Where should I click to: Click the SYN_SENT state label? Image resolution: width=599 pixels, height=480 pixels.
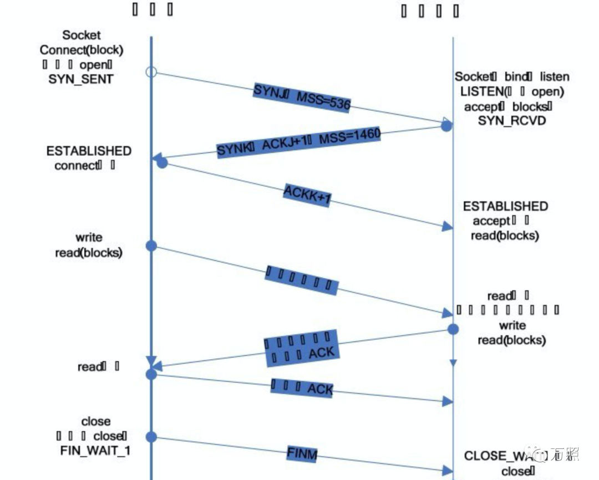(x=81, y=79)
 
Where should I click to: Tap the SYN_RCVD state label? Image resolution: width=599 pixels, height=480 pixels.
(x=512, y=120)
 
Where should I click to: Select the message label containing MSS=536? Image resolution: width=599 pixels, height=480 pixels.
(x=302, y=98)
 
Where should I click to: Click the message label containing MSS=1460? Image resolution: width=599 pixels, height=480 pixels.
(x=298, y=142)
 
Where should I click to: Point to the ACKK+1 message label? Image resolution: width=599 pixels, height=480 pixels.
(x=307, y=195)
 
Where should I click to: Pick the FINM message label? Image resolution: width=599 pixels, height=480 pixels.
(x=302, y=454)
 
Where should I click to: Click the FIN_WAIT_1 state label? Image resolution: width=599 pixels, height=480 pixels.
(x=95, y=450)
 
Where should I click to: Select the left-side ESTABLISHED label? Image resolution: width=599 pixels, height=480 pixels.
(x=89, y=151)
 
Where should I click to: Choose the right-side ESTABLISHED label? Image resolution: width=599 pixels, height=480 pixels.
(x=505, y=206)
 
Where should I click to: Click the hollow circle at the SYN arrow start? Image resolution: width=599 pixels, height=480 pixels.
(x=151, y=72)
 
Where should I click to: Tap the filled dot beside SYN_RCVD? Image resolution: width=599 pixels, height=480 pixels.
(x=446, y=126)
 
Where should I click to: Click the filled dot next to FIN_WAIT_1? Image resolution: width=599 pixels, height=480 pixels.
(x=151, y=437)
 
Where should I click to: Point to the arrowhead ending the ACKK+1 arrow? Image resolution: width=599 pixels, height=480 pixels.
(x=448, y=226)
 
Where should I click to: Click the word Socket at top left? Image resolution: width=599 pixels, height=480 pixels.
(x=82, y=35)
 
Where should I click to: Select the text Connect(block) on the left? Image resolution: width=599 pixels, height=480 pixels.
(x=81, y=49)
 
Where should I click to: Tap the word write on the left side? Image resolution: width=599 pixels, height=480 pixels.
(x=89, y=237)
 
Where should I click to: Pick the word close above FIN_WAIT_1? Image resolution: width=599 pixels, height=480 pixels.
(x=95, y=421)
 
